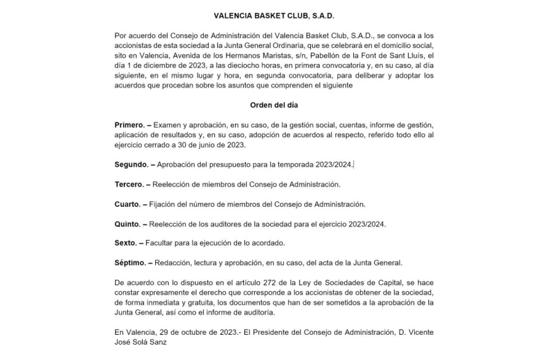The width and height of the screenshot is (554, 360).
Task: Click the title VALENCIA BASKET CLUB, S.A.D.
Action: (274, 16)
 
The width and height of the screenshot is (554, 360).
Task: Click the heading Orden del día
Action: (274, 105)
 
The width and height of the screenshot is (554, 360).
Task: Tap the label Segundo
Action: (131, 165)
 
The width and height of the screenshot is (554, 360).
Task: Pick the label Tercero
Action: (129, 185)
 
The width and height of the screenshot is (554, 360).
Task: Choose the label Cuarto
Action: (127, 204)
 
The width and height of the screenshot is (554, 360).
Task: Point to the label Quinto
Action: (127, 224)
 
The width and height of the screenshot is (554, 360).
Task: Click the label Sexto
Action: (125, 243)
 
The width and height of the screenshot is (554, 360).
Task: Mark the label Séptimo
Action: (130, 263)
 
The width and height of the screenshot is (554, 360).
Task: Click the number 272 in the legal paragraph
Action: (270, 283)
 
